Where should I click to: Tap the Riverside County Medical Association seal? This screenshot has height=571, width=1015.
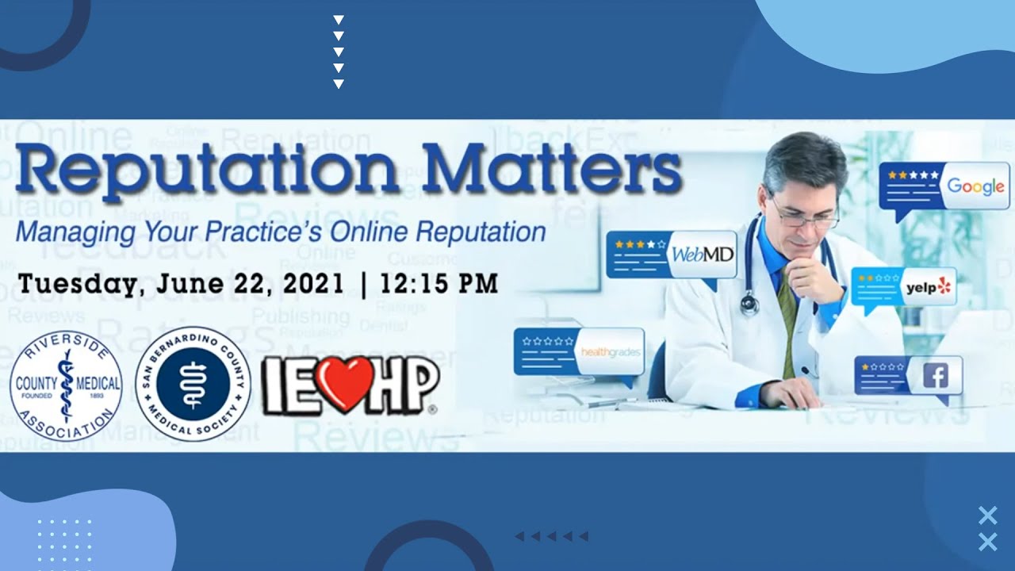(x=67, y=385)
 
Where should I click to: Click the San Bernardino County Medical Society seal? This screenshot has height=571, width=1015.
(x=193, y=385)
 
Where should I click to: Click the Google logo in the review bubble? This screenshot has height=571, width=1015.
(x=975, y=186)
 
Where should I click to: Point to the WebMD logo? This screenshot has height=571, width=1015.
(x=703, y=255)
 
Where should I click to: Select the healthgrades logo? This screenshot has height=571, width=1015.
(x=611, y=351)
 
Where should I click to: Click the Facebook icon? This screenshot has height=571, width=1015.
(x=936, y=376)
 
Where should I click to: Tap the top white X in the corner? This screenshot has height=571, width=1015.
(x=987, y=515)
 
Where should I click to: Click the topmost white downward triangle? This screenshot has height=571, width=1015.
(x=339, y=20)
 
